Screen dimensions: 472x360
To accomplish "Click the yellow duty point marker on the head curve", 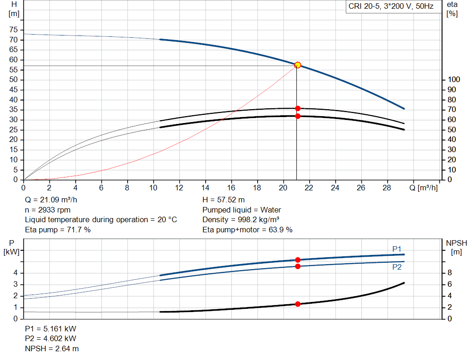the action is (297, 65).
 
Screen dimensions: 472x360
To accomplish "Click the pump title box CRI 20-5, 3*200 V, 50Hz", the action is (391, 6).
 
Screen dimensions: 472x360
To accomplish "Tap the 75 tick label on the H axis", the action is (13, 30).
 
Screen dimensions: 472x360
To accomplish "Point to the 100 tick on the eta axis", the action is (454, 79).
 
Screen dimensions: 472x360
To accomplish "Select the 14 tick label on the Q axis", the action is (205, 188).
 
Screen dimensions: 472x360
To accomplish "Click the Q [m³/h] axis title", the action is (424, 188).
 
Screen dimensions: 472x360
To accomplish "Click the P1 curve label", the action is (397, 249).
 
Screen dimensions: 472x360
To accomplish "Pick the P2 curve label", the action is (397, 267).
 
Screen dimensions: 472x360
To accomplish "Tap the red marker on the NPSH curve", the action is (298, 304).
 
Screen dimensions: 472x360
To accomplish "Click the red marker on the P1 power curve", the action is (298, 260).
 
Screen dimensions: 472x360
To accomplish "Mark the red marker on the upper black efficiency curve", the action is (298, 108).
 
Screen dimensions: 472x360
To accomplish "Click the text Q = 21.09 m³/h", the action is (51, 200).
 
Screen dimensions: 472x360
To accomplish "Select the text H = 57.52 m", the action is (224, 200).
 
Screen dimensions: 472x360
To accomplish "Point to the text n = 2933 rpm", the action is (47, 210).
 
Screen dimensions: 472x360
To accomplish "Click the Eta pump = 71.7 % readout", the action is (58, 230).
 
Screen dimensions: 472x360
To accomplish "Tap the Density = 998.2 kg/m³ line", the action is (241, 219).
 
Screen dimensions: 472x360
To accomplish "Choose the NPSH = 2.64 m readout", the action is (52, 348).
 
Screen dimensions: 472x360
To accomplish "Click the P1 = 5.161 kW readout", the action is (50, 329).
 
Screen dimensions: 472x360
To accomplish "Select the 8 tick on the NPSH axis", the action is (449, 273).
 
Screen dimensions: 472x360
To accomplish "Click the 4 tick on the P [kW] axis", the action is (16, 273).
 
